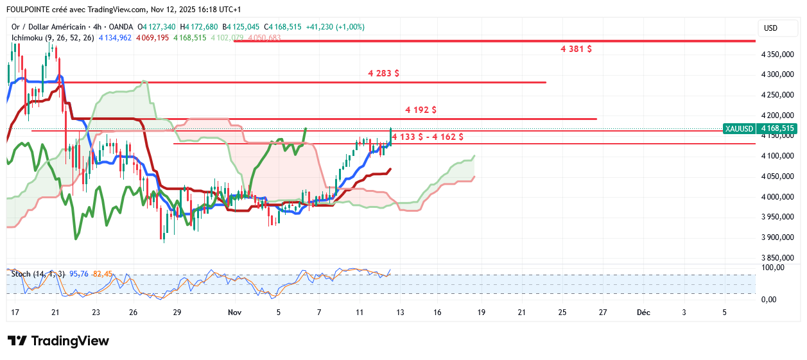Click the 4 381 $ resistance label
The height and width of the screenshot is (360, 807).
576,49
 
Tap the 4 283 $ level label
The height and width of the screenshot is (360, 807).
383,73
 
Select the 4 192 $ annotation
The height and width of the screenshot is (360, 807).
421,110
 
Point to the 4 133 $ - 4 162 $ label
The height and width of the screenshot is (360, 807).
427,137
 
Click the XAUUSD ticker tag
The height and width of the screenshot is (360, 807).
738,128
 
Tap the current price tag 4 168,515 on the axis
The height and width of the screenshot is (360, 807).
777,128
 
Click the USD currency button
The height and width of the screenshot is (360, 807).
770,28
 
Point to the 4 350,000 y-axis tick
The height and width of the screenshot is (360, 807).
777,55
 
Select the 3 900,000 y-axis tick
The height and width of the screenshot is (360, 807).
777,237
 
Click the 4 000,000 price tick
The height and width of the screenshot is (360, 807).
777,197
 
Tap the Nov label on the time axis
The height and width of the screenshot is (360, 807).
235,313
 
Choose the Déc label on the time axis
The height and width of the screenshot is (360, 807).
643,313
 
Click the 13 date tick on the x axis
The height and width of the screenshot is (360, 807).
401,313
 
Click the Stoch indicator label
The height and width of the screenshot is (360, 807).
20,274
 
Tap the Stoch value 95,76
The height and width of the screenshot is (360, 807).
78,274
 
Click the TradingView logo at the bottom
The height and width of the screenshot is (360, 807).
58,341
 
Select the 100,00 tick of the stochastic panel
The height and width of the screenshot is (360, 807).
772,268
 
